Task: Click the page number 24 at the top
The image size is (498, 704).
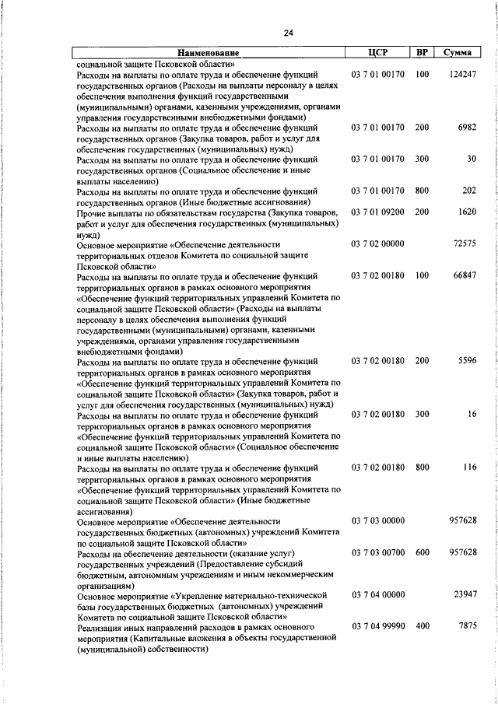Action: (288, 32)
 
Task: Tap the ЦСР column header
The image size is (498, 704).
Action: (377, 52)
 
